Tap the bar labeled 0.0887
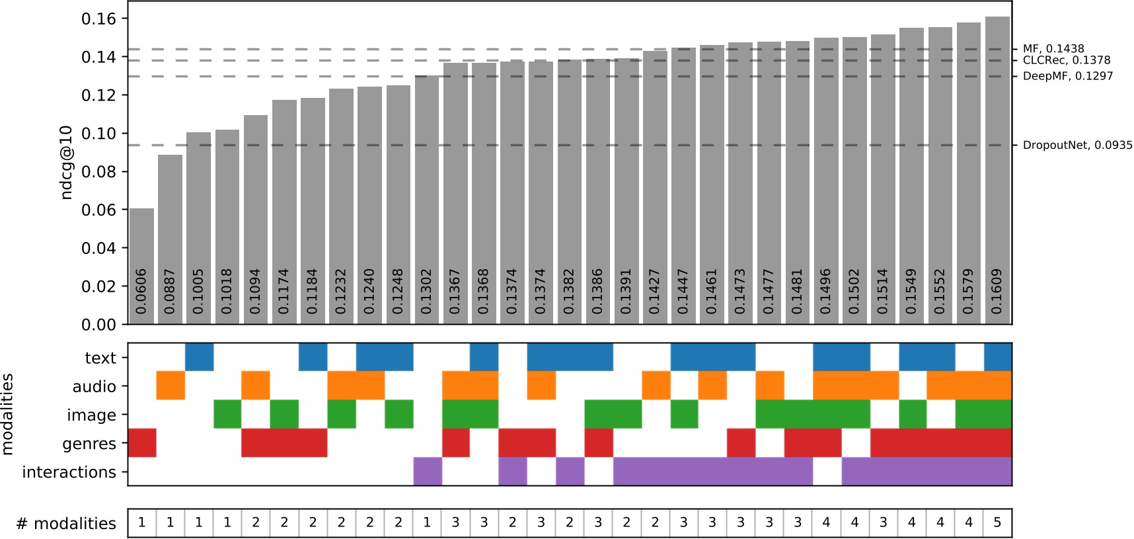tap(170, 239)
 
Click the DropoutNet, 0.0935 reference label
tap(1077, 145)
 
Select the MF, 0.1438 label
tap(1053, 49)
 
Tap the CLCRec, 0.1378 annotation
tap(1067, 60)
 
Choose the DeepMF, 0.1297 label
tap(1068, 76)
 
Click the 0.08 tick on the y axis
tap(98, 172)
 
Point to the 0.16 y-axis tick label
tap(98, 19)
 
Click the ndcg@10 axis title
tap(67, 162)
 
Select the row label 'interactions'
tap(69, 472)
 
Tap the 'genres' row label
tap(89, 444)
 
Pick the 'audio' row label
tap(94, 386)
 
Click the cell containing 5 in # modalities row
tap(997, 523)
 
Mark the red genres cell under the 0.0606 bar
tap(141, 442)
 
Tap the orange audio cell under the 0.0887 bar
tap(170, 386)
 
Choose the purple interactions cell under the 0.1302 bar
tap(428, 472)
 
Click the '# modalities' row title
tap(66, 524)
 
